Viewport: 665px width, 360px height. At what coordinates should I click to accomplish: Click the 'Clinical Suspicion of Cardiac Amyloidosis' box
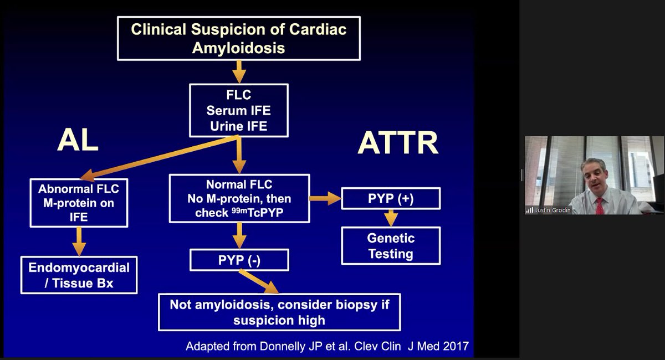click(x=238, y=38)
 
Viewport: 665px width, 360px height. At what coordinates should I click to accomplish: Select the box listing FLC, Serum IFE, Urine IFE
click(x=238, y=110)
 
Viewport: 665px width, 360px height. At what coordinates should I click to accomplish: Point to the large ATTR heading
click(x=398, y=143)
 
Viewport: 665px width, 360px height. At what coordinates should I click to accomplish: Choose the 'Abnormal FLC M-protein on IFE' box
click(x=79, y=203)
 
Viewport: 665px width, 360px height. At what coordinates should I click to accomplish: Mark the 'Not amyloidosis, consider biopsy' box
click(x=279, y=312)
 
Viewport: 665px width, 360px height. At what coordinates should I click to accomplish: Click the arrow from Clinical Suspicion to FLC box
click(x=238, y=71)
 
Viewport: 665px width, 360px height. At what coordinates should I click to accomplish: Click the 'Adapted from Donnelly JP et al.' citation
click(x=327, y=347)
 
